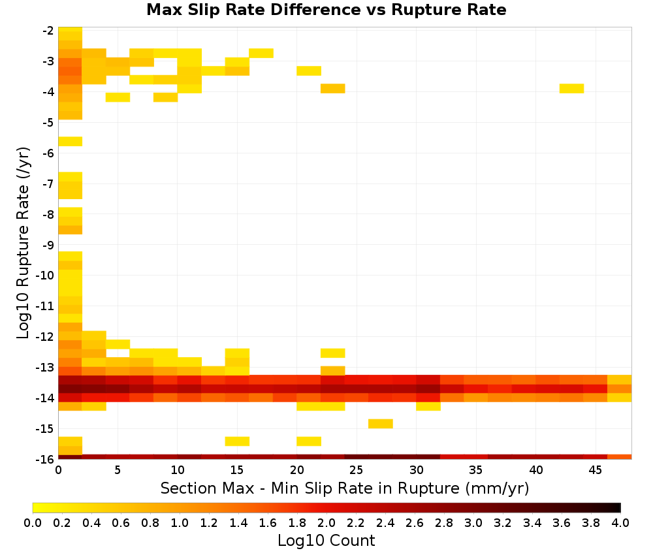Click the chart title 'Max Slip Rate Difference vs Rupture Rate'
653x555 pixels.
[326, 10]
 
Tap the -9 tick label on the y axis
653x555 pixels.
[48, 245]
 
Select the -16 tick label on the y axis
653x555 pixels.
[46, 459]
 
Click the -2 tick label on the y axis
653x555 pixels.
[48, 31]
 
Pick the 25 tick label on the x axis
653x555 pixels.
[356, 470]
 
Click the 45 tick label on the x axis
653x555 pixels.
[595, 470]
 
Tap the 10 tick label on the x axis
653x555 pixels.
[178, 470]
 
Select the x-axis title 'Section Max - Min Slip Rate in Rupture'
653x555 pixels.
[310, 488]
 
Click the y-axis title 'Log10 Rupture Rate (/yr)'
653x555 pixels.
[23, 243]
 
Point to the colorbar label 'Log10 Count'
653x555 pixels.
[326, 541]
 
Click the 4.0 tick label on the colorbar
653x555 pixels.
[620, 522]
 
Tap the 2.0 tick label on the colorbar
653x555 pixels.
[326, 522]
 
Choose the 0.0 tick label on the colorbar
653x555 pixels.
[33, 522]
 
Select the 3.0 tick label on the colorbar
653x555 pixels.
[473, 522]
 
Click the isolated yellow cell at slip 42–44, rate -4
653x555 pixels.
[571, 88]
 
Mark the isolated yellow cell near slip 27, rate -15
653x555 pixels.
[381, 424]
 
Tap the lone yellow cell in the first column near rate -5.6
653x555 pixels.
[70, 141]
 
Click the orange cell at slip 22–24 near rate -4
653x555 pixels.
[333, 88]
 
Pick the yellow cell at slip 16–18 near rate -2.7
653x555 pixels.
[261, 54]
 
